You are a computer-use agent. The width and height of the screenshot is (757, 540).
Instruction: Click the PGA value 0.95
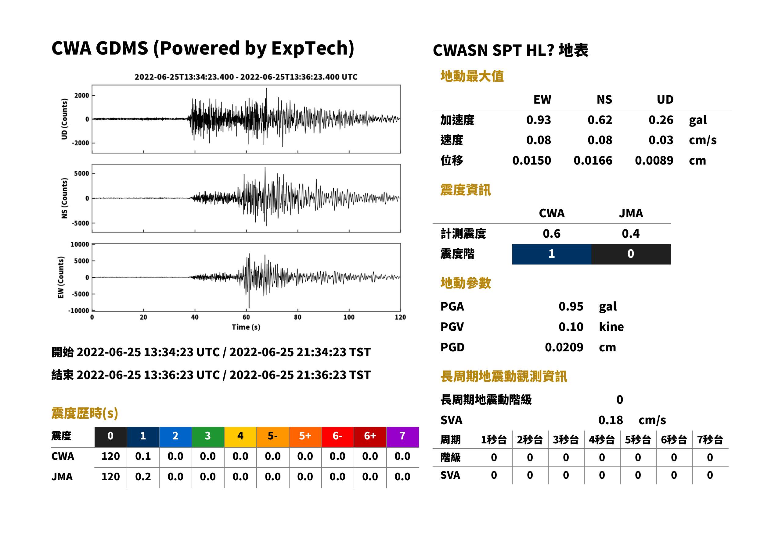click(x=571, y=306)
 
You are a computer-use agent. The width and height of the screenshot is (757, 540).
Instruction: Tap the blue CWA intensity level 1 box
click(x=552, y=254)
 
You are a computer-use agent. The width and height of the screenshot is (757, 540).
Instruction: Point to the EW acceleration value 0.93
click(x=538, y=120)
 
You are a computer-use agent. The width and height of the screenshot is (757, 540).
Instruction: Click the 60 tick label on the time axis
click(x=246, y=317)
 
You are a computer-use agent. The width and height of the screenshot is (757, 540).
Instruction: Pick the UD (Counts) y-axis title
click(x=64, y=119)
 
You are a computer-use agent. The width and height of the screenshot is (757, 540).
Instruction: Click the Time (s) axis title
click(x=246, y=327)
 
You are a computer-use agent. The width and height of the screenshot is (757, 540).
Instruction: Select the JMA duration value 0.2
click(x=143, y=477)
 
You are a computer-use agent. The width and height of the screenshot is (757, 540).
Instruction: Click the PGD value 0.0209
click(x=564, y=347)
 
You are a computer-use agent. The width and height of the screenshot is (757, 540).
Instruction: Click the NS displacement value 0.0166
click(x=593, y=161)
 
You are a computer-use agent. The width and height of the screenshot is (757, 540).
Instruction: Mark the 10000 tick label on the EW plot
click(x=80, y=244)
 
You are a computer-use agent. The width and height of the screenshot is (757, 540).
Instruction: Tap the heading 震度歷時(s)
click(x=85, y=413)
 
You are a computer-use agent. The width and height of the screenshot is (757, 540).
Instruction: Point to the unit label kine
click(x=611, y=327)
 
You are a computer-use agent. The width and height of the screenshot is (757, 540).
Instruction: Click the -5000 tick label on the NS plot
click(x=81, y=223)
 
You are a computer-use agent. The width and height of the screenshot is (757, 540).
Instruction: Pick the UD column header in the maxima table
click(x=665, y=100)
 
